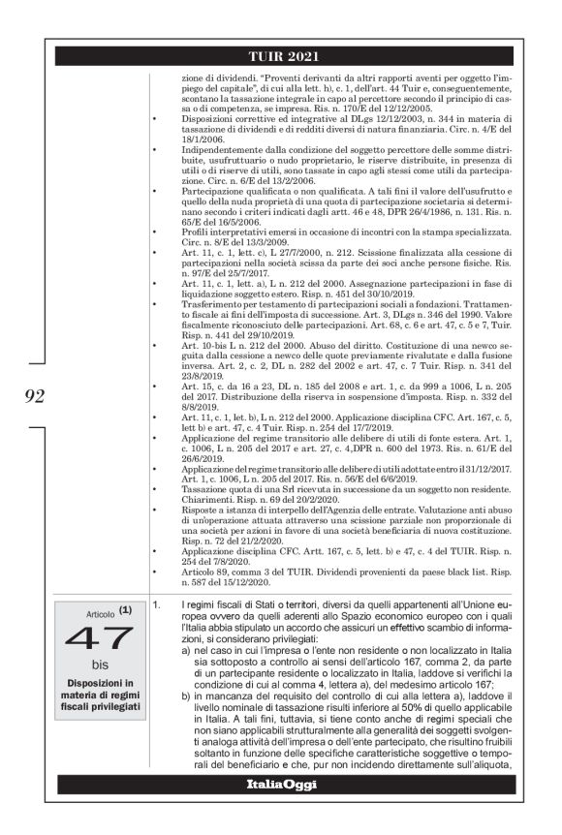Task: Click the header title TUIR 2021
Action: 281,54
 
